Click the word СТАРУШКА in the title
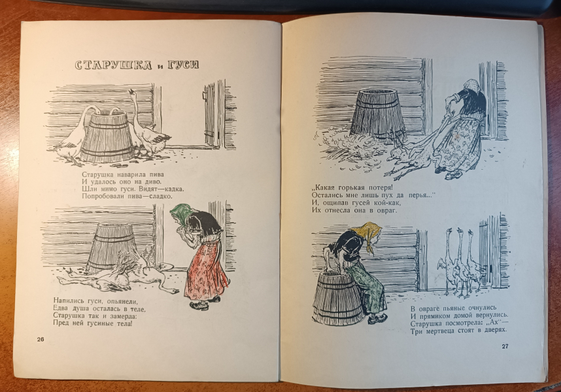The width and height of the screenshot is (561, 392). (x=113, y=65)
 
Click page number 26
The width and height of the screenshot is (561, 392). (x=41, y=340)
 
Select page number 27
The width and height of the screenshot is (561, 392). (x=505, y=346)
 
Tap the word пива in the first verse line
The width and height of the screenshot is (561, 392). (x=156, y=174)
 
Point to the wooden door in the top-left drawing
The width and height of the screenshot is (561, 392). (x=211, y=115)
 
